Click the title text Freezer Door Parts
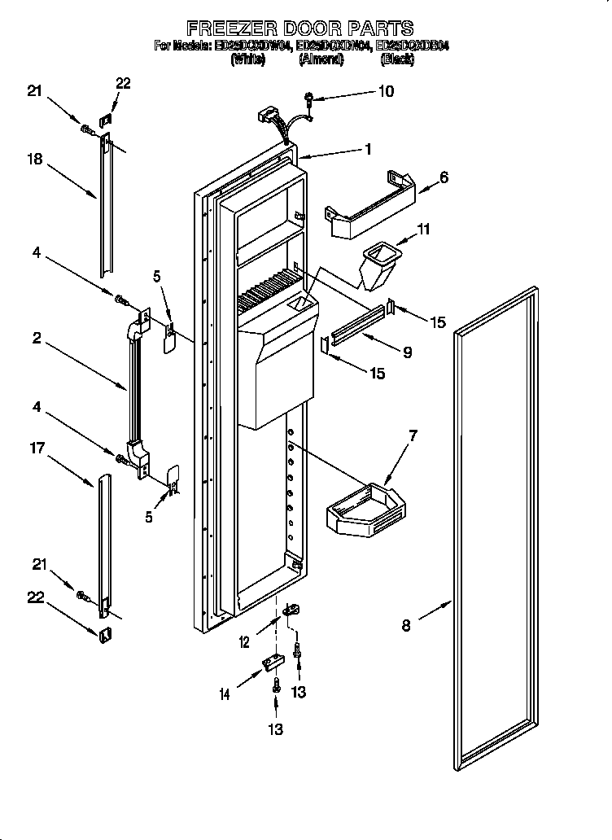tap(300, 28)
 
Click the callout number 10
tap(385, 91)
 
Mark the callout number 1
tap(367, 149)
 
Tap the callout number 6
tap(444, 177)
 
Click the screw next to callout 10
tap(310, 99)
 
